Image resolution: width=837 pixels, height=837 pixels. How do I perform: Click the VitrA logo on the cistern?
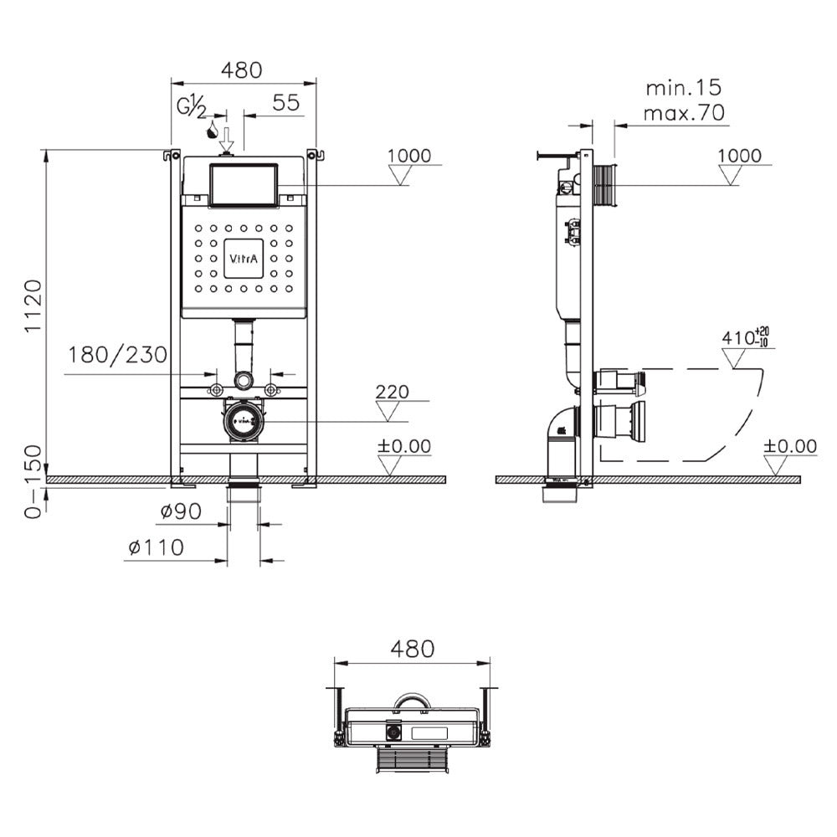244,259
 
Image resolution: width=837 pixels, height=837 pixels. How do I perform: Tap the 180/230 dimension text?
118,354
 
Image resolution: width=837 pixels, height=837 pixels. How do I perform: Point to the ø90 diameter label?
181,511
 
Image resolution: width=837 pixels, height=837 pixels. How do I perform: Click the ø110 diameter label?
157,547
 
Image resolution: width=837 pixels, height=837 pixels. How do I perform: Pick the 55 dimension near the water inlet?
286,102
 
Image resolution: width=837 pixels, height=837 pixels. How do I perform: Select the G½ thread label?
192,107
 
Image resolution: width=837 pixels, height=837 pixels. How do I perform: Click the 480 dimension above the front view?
242,70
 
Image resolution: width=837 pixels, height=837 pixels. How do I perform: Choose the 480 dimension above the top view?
412,650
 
